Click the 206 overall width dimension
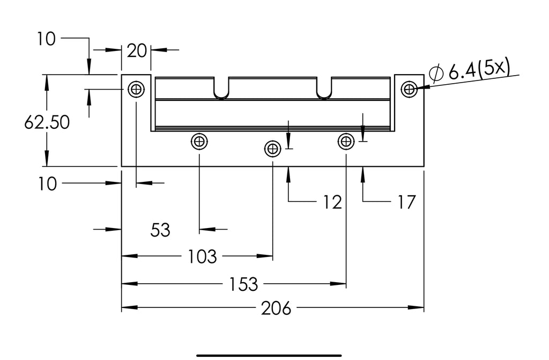276,308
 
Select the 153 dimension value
243,284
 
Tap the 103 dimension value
202,256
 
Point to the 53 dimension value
160,230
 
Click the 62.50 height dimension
47,122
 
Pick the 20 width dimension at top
137,51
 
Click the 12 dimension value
332,202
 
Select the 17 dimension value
406,202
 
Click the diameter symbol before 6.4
436,74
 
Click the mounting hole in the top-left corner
136,90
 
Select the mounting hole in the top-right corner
409,90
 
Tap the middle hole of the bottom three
272,149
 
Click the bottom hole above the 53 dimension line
199,142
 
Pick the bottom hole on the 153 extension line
346,142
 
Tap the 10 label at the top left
46,39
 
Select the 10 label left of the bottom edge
47,184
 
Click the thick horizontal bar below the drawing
269,356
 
